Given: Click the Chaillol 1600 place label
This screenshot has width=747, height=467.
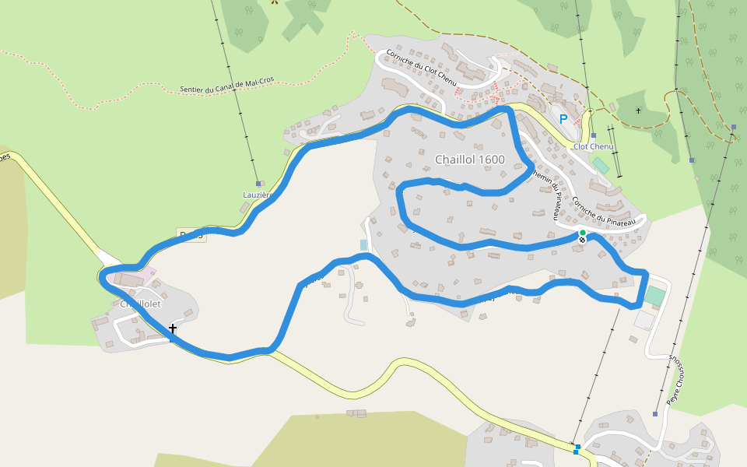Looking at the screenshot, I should click(469, 160).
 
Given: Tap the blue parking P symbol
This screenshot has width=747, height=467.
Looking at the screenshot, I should click(563, 119).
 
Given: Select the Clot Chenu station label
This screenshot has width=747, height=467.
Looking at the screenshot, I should click(594, 146).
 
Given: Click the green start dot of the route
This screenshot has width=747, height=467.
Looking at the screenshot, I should click(582, 233).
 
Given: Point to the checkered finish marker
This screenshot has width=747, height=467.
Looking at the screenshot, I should click(581, 241).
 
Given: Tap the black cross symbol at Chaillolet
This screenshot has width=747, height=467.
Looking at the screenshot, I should click(173, 328).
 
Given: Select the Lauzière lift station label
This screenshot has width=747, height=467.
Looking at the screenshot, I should click(256, 195).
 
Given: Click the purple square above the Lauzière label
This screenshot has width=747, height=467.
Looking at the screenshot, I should click(258, 184).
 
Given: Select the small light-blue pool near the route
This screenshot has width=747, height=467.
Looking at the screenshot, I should click(363, 245).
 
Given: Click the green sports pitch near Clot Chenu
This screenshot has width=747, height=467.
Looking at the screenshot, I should click(600, 166).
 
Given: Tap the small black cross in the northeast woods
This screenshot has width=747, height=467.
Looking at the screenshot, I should click(638, 111).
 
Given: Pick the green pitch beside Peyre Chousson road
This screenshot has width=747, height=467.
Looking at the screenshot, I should click(655, 296).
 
